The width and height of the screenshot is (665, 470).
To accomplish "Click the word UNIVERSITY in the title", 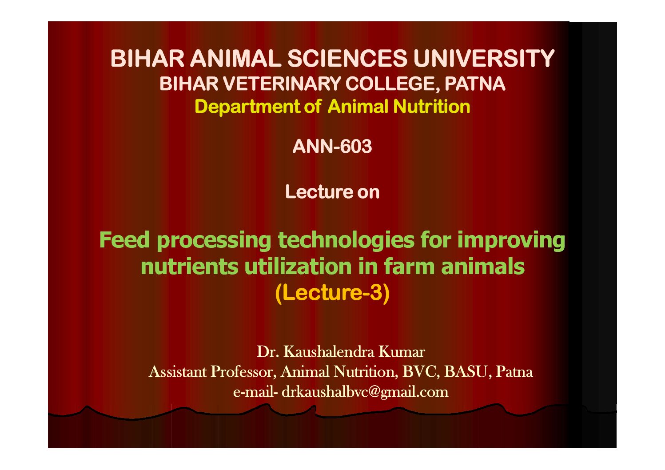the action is pyautogui.click(x=484, y=58).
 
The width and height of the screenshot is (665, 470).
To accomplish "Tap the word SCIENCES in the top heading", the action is pyautogui.click(x=347, y=58).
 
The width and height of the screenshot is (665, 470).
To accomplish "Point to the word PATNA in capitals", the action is pyautogui.click(x=475, y=84).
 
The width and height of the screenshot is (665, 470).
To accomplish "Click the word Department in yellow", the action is pyautogui.click(x=247, y=107).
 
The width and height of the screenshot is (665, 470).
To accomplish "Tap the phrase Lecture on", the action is pyautogui.click(x=332, y=192).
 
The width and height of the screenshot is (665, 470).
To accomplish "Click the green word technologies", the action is pyautogui.click(x=346, y=240).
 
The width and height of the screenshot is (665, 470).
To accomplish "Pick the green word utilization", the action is pyautogui.click(x=298, y=267).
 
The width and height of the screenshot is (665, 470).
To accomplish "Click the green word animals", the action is pyautogui.click(x=483, y=267).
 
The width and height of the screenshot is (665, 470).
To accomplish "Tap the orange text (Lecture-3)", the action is pyautogui.click(x=332, y=293).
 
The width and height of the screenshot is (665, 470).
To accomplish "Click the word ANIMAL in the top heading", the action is pyautogui.click(x=236, y=58).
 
